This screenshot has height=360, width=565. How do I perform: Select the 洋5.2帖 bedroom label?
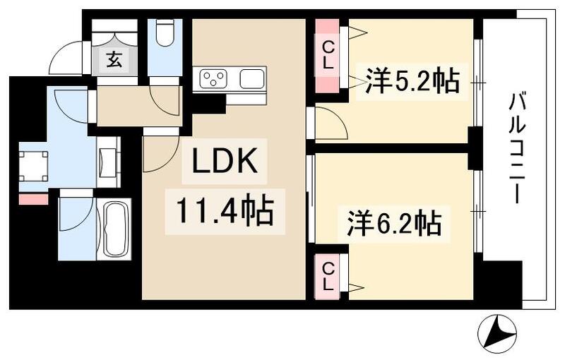412,80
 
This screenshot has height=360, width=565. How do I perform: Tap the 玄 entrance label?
114,59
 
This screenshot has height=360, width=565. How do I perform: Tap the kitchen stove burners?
213,78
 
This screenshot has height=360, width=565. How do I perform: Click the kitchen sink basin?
252,78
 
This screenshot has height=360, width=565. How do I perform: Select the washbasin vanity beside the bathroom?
107,162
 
